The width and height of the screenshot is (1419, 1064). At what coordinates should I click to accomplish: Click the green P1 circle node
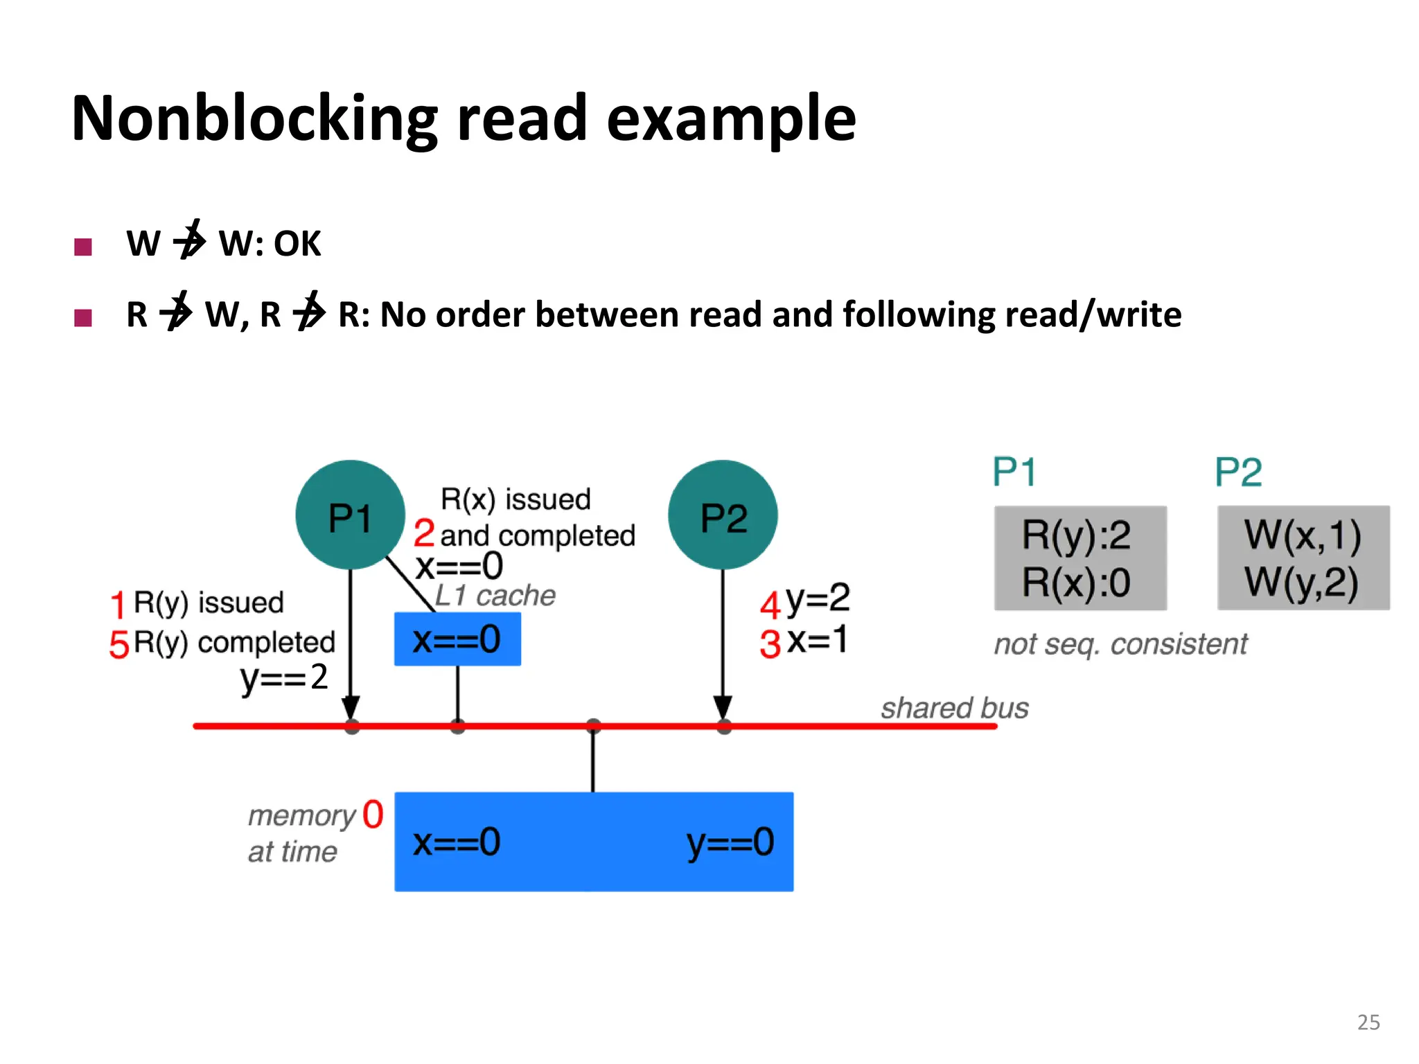[x=350, y=515]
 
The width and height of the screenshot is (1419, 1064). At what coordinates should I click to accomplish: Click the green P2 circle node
[x=723, y=515]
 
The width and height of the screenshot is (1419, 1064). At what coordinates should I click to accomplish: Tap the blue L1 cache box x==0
[x=457, y=639]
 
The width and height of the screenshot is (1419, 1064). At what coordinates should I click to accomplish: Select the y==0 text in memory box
[x=730, y=842]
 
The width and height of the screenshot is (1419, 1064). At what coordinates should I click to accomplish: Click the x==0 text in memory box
[x=457, y=842]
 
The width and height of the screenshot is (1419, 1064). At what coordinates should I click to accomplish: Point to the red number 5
[x=119, y=644]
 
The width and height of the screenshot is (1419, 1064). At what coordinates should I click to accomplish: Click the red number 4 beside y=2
[x=770, y=605]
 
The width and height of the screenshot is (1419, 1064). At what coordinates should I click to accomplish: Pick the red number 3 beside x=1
[x=770, y=644]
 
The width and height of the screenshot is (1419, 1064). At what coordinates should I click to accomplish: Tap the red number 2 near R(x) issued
[x=424, y=533]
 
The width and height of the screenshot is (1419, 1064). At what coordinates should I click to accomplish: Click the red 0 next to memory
[x=373, y=814]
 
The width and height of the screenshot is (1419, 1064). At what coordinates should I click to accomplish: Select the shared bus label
[x=954, y=708]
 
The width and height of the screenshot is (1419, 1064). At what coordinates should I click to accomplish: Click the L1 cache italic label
[x=495, y=595]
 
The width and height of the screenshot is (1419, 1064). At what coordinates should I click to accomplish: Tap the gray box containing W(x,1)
[x=1303, y=558]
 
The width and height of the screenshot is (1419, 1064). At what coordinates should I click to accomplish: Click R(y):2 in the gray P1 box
[x=1076, y=535]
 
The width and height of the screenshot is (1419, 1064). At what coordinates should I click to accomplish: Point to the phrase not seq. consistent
[x=1120, y=644]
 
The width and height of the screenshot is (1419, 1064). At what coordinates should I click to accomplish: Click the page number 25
[x=1368, y=1022]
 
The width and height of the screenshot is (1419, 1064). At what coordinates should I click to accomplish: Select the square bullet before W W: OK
[x=83, y=247]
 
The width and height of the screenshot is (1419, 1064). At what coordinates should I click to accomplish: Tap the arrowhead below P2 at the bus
[x=723, y=709]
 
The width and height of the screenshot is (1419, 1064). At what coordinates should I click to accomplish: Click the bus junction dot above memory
[x=593, y=726]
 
